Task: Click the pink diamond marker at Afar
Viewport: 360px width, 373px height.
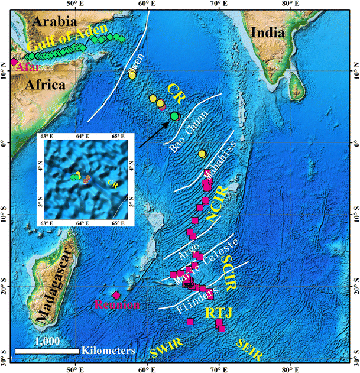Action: (13, 62)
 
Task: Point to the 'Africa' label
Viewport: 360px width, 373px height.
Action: (45, 85)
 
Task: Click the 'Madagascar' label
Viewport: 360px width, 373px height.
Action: (53, 286)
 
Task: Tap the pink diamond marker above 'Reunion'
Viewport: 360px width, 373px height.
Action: (116, 295)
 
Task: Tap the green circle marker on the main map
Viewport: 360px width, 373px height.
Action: (174, 116)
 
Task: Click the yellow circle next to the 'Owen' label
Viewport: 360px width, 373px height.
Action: (132, 74)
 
